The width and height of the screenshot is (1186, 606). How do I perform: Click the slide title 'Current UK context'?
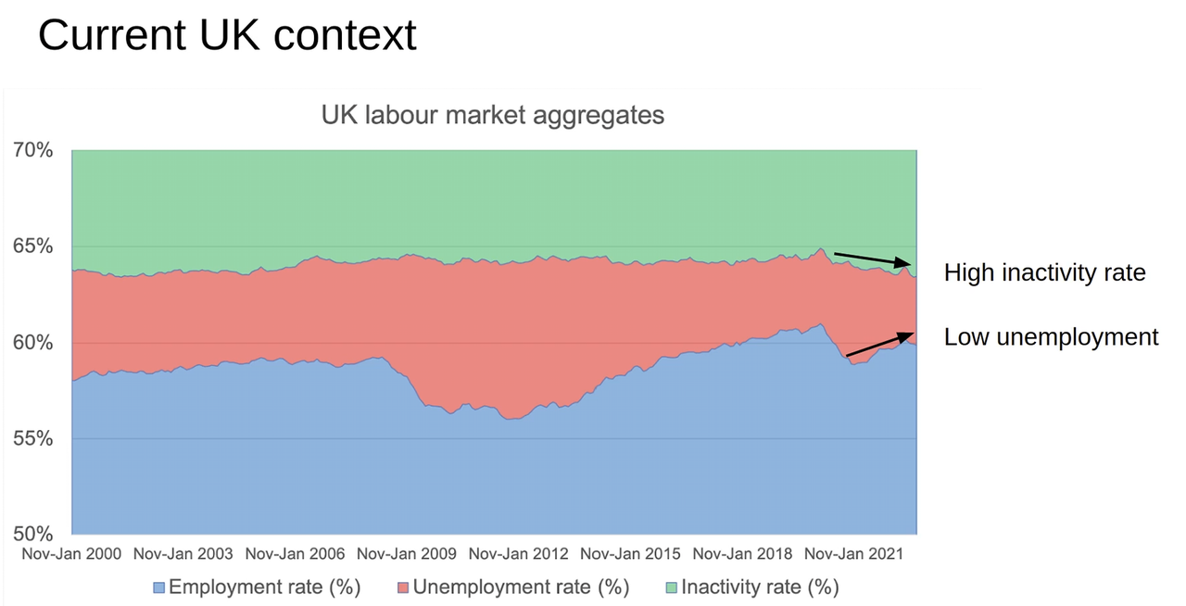pyautogui.click(x=227, y=35)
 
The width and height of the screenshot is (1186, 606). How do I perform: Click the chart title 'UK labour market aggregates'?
pyautogui.click(x=492, y=115)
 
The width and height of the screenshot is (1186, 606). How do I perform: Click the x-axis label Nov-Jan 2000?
pyautogui.click(x=71, y=554)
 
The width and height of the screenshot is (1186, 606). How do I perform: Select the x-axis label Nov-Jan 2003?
pyautogui.click(x=183, y=554)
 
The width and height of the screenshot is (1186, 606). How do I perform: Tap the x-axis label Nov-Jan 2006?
pyautogui.click(x=295, y=554)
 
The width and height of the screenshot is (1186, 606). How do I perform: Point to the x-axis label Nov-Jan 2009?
pyautogui.click(x=407, y=554)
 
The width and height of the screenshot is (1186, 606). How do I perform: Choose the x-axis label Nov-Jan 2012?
pyautogui.click(x=519, y=554)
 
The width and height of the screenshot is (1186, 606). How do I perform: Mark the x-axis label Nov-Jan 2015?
pyautogui.click(x=630, y=554)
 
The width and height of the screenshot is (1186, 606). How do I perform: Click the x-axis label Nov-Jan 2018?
pyautogui.click(x=742, y=554)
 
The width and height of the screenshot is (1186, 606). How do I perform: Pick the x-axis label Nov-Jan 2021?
pyautogui.click(x=854, y=554)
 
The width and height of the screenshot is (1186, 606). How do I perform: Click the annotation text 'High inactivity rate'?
pyautogui.click(x=1044, y=272)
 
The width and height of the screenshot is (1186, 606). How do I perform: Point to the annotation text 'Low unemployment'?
pyautogui.click(x=1051, y=336)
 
